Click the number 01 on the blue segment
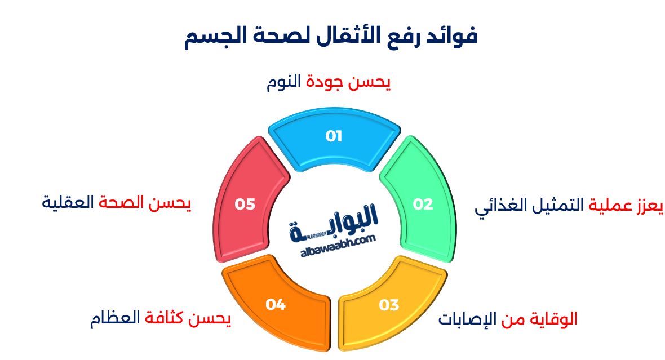(x=334, y=136)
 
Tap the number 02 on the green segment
(x=423, y=204)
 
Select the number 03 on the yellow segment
(x=389, y=305)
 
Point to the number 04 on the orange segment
(x=276, y=305)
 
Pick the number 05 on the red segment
(x=245, y=204)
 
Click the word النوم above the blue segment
(x=285, y=83)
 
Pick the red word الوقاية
(x=553, y=319)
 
